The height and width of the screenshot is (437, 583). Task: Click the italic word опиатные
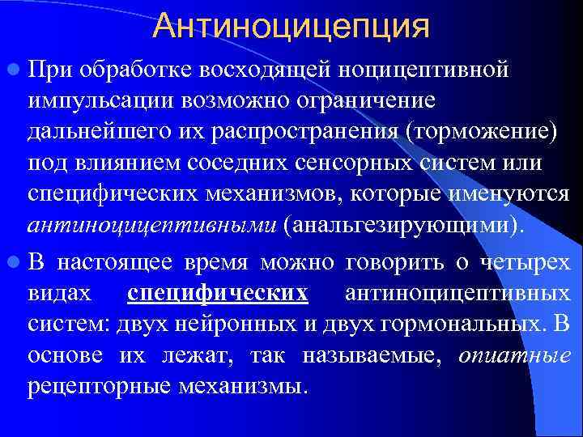click(515, 355)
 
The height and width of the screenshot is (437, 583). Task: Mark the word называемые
click(375, 355)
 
